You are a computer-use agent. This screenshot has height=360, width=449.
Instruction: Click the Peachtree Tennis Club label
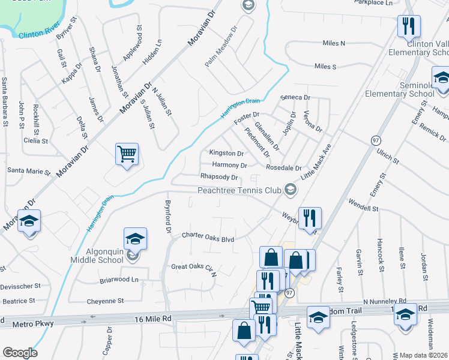coord(240,190)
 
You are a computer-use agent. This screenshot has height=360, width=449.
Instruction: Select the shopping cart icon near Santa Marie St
coord(127,154)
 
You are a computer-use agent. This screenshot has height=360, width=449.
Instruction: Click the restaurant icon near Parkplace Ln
coord(409,26)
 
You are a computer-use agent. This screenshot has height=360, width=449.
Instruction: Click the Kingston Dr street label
coord(226,154)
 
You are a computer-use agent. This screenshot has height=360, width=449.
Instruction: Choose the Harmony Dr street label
coord(229,165)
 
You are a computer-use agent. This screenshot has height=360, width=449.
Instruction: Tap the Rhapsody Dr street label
coord(219,178)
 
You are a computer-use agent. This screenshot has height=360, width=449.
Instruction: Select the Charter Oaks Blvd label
coord(208,238)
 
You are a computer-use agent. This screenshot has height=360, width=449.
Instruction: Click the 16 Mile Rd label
coord(154,319)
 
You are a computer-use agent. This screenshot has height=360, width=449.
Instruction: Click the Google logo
coord(20,353)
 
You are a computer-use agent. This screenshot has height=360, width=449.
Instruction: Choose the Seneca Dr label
coord(295,97)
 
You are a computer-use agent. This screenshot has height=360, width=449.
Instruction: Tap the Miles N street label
coord(334,43)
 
